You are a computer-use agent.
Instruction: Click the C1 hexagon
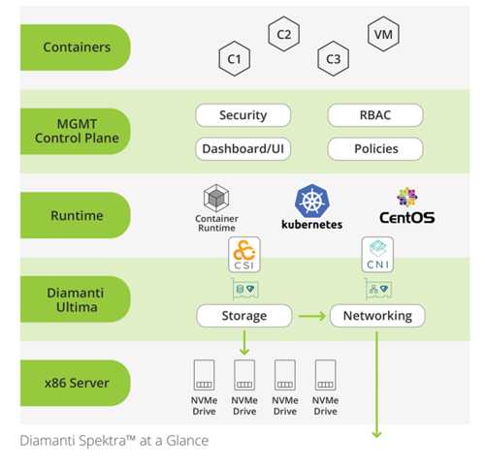click(235, 59)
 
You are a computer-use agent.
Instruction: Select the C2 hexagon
click(284, 34)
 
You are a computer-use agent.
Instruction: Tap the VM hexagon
click(383, 34)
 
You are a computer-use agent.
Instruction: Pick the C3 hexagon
click(334, 59)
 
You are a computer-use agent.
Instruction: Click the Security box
click(243, 115)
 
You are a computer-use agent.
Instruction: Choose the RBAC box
click(375, 115)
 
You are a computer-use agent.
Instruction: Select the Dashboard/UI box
click(243, 149)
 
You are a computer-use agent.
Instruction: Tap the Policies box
click(375, 149)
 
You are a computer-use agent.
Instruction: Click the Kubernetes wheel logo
click(312, 201)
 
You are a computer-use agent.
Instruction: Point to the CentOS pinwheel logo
click(407, 197)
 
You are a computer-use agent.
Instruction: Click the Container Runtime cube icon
click(216, 198)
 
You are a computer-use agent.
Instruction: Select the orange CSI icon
click(244, 255)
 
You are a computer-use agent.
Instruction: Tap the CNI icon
click(377, 255)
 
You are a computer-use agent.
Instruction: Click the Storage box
click(244, 316)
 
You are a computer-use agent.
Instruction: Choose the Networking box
click(377, 316)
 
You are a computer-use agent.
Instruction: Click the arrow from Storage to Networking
click(312, 316)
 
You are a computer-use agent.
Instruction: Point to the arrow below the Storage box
click(244, 342)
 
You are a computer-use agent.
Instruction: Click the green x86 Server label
click(76, 383)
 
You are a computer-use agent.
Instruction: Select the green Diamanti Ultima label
click(76, 299)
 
